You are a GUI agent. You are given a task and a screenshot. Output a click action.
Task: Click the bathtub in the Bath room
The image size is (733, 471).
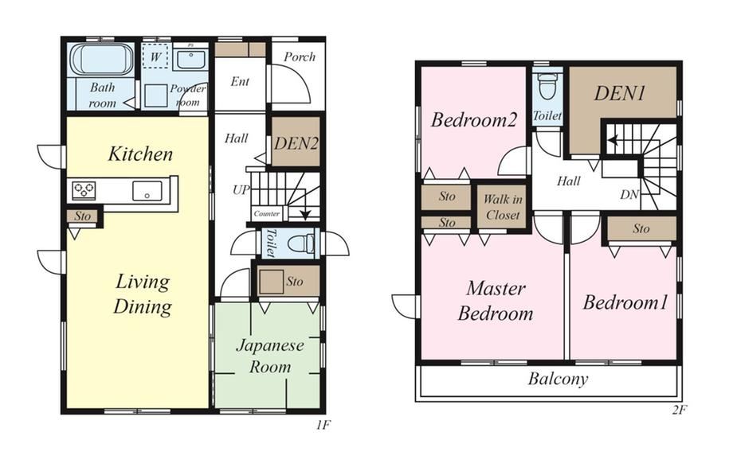pyautogui.click(x=102, y=60)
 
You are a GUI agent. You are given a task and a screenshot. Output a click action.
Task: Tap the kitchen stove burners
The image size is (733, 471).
pyautogui.click(x=84, y=190)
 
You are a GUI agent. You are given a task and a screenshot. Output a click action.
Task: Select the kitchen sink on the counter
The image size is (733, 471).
pyautogui.click(x=147, y=191)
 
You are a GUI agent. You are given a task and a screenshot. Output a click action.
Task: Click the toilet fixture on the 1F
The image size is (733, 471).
pyautogui.click(x=301, y=243)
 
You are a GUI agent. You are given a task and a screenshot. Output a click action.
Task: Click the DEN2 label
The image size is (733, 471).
pyautogui.click(x=296, y=143)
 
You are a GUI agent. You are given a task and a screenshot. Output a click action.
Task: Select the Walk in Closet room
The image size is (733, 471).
pyautogui.click(x=502, y=207)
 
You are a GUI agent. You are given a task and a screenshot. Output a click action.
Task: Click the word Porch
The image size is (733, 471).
pyautogui.click(x=300, y=57)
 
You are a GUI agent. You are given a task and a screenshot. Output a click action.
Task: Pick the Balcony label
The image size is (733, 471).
pyautogui.click(x=558, y=379)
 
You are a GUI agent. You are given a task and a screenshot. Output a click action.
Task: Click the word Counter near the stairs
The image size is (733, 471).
pyautogui.click(x=266, y=214)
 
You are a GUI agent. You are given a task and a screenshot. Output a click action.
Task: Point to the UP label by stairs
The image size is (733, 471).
pyautogui.click(x=241, y=189)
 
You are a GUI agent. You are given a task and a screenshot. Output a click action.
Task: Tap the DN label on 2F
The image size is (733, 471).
pyautogui.click(x=629, y=195)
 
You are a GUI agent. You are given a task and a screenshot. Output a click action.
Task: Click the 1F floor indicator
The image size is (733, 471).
pyautogui.click(x=323, y=425)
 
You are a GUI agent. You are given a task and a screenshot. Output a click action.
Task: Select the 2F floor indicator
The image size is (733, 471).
pyautogui.click(x=680, y=411)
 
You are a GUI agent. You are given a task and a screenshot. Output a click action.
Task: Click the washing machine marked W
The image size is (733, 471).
pyautogui.click(x=155, y=57)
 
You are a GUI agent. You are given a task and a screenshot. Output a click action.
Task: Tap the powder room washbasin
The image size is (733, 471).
pyautogui.click(x=190, y=59)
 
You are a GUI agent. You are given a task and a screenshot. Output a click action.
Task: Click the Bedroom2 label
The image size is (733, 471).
pyautogui.click(x=473, y=120)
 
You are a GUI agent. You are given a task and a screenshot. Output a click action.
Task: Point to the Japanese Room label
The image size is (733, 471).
pyautogui.click(x=270, y=356)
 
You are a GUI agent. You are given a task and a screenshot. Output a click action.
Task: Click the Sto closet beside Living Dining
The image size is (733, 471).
pyautogui.click(x=82, y=216)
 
